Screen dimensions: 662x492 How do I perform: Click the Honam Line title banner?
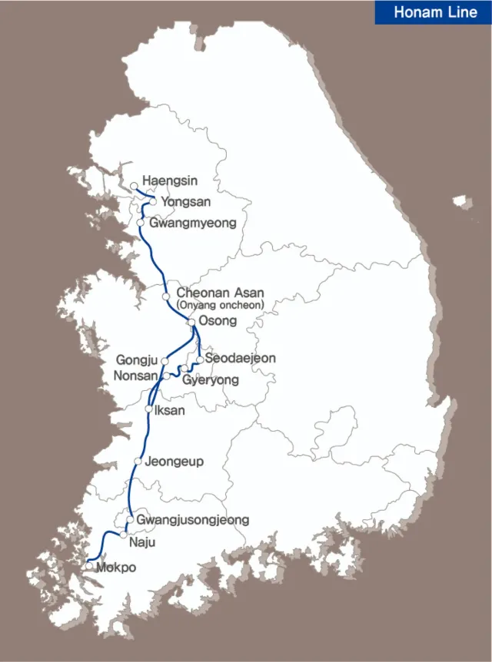pos(434,12)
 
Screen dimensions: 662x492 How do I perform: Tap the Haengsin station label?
pos(169,181)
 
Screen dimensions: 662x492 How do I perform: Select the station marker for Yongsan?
pos(153,201)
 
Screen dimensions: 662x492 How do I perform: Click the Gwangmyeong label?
pos(192,223)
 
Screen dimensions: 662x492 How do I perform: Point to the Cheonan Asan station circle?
pos(166,296)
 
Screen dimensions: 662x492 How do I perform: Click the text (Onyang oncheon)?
pos(220,305)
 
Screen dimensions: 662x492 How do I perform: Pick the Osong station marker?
pos(191,322)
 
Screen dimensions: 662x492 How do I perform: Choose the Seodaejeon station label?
pos(240,359)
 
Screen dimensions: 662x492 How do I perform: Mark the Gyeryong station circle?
pos(184,369)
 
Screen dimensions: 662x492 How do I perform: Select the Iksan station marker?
pos(148,409)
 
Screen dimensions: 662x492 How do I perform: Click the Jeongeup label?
pos(174,462)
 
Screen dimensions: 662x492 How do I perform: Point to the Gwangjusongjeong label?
pos(192,520)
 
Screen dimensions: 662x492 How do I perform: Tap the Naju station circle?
pos(123,535)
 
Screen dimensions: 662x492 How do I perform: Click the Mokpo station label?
pos(116,569)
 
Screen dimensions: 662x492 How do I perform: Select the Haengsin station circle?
pos(135,186)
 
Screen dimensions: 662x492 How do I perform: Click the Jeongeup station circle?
pos(138,461)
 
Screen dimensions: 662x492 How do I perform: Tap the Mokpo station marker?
pos(90,566)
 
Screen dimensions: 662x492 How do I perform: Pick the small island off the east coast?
pos(462,203)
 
